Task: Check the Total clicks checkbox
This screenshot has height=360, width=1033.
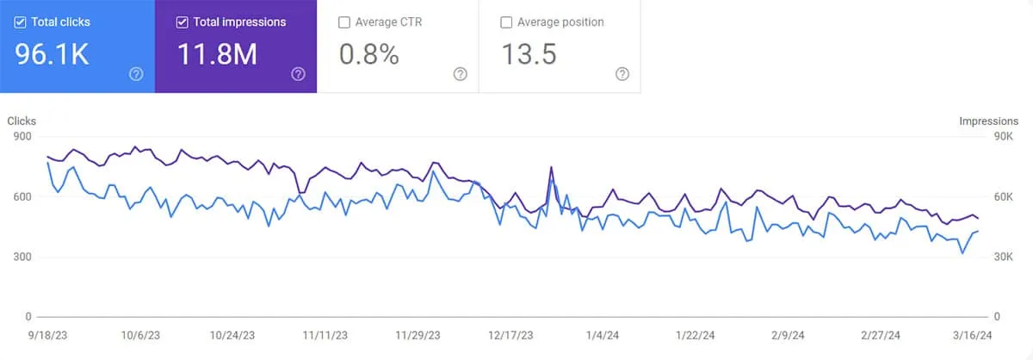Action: (20, 22)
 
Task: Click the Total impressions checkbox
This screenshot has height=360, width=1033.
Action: (182, 22)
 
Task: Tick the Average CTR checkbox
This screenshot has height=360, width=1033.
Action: (344, 22)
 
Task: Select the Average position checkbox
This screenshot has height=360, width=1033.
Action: (506, 22)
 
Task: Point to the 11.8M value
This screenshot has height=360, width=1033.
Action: (218, 55)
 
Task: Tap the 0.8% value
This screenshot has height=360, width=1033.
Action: (369, 55)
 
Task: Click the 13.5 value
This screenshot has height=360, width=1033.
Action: (529, 55)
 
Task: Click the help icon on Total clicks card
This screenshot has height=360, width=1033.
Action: (136, 74)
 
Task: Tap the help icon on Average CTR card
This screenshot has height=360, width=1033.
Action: (461, 74)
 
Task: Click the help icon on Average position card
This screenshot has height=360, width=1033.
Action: (622, 74)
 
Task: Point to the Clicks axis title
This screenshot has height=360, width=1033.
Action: (22, 121)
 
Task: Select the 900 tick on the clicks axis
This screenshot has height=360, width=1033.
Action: (21, 136)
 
